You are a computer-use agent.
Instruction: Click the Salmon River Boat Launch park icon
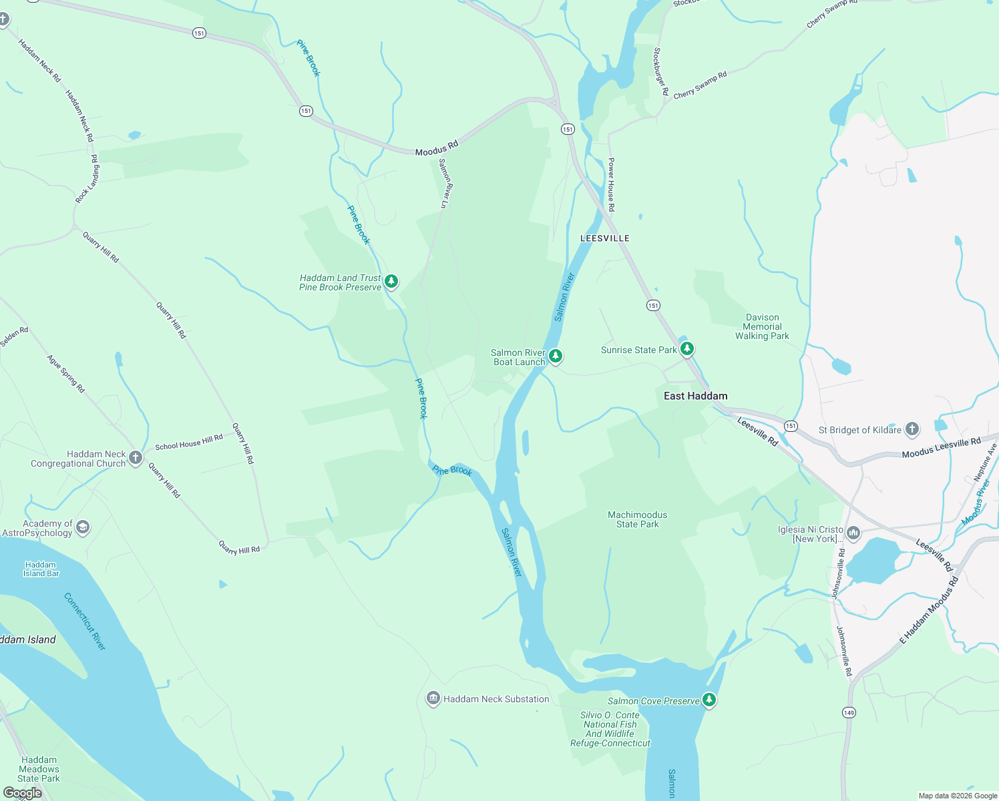click(555, 356)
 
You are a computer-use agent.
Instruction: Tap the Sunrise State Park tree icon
click(686, 348)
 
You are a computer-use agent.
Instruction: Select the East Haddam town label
click(695, 396)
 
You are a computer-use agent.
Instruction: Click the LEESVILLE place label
click(604, 238)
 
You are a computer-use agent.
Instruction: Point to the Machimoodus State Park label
click(637, 519)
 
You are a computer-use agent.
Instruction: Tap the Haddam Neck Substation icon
click(433, 698)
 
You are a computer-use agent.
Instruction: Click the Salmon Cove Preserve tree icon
click(709, 700)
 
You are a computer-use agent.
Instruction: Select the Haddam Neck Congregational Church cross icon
click(136, 457)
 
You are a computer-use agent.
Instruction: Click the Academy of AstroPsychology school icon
click(83, 527)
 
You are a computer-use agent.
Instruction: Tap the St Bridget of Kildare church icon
click(912, 429)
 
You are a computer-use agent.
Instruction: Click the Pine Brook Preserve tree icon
click(392, 281)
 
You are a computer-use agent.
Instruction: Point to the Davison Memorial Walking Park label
click(762, 327)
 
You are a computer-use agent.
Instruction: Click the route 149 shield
click(848, 712)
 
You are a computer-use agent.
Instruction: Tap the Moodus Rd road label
click(437, 148)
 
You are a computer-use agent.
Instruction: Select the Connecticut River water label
click(85, 621)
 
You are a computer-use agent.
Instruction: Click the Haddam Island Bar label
click(41, 569)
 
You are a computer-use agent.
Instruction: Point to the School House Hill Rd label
click(189, 442)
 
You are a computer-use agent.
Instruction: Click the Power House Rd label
click(611, 185)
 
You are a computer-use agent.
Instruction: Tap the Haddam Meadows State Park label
click(39, 769)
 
